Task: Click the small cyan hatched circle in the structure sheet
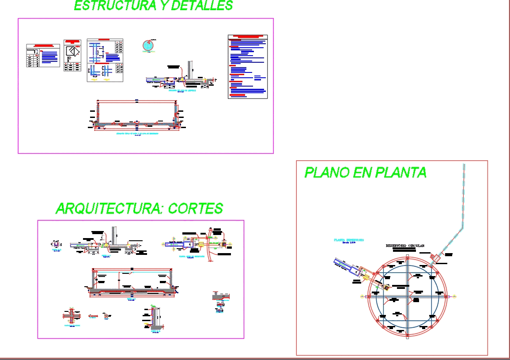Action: pos(150,45)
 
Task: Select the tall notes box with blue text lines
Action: pos(248,67)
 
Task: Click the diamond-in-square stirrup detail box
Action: pos(72,55)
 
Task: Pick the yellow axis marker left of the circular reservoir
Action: pos(362,296)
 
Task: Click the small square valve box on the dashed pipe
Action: pos(435,257)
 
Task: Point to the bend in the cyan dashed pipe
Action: pos(462,227)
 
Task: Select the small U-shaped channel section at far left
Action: pos(56,244)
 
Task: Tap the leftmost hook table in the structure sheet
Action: pos(43,55)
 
